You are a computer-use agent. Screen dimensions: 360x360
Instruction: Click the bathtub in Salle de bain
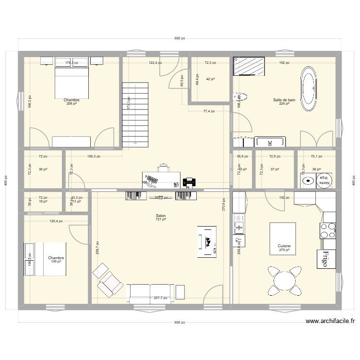click(x=310, y=87)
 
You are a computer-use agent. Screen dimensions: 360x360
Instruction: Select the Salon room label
click(x=161, y=216)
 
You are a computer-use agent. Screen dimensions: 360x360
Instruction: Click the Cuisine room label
click(x=284, y=247)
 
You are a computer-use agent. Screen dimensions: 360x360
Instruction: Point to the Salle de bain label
click(x=284, y=100)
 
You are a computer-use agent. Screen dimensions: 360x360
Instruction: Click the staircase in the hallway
click(x=135, y=114)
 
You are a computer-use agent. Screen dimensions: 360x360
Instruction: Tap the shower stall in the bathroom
click(x=249, y=66)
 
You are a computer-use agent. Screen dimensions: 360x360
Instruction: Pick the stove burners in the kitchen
click(x=328, y=230)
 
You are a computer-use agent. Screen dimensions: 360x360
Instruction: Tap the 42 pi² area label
click(x=210, y=79)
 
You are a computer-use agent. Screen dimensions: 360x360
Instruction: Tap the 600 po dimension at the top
click(x=180, y=39)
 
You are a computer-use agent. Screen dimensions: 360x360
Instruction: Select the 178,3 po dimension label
click(x=72, y=63)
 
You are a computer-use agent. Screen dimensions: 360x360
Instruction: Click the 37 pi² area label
click(x=274, y=169)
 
